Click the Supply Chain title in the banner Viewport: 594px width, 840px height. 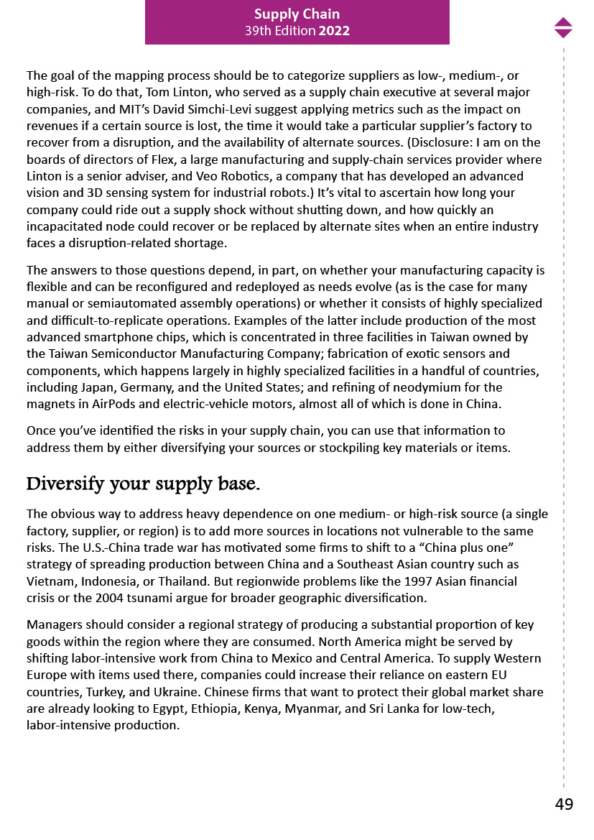coord(297,14)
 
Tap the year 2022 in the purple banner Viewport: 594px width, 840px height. coord(334,31)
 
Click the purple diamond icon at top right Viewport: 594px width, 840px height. coord(563,27)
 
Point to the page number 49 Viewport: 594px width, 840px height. coord(564,805)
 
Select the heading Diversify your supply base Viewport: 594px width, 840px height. coord(143,484)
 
